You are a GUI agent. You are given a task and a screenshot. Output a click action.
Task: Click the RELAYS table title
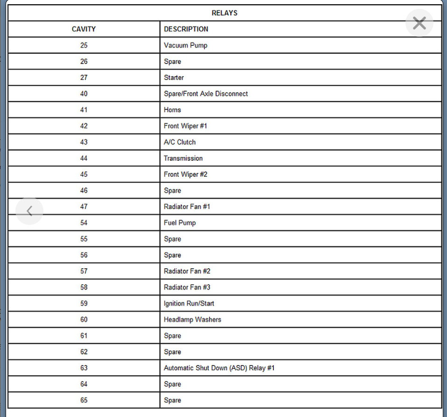224,13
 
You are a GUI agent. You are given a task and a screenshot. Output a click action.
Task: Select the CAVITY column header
84,29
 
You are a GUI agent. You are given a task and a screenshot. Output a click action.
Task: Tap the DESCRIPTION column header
186,29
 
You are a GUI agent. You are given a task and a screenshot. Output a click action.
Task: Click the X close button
419,23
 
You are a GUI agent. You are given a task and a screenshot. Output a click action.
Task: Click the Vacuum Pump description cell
185,45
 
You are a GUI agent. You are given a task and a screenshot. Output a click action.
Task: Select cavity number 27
84,78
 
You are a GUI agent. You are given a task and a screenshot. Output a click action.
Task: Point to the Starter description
174,78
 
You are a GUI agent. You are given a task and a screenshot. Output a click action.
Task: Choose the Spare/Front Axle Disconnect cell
206,93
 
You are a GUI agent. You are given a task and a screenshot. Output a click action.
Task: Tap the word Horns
172,110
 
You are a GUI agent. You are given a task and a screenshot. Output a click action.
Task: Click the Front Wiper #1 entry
185,126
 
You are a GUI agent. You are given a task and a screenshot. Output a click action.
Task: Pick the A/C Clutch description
180,142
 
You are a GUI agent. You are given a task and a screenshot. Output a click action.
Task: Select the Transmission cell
183,158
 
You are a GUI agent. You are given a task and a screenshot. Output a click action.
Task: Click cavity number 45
84,174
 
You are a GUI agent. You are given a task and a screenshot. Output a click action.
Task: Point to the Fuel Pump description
180,223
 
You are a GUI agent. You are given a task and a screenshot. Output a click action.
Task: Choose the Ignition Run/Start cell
189,303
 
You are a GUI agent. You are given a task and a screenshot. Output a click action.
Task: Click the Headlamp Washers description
192,319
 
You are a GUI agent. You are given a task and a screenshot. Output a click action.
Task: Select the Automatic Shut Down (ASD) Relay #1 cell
219,368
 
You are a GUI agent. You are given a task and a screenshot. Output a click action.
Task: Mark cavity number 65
84,400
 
